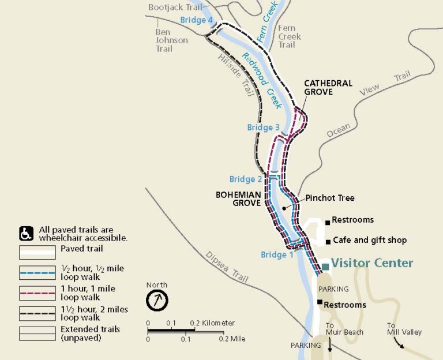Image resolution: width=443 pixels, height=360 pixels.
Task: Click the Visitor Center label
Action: pos(372,263)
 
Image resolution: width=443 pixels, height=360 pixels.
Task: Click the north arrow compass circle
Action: pos(157,301)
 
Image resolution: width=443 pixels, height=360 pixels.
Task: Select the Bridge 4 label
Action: pos(197,20)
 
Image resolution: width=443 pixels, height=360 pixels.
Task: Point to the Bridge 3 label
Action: pos(264,127)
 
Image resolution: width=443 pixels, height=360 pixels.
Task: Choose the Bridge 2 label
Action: pos(246,179)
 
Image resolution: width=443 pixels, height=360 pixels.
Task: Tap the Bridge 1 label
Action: pos(277,254)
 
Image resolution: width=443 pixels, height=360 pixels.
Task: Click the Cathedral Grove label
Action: pos(328,88)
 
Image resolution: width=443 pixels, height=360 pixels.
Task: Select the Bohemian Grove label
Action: pos(239,198)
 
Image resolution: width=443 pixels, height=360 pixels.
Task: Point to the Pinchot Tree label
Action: pos(330,198)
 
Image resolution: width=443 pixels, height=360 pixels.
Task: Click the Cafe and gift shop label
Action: pos(370,240)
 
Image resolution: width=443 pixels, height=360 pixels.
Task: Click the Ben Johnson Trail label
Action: pos(171,40)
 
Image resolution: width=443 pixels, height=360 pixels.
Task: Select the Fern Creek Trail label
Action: pos(289,36)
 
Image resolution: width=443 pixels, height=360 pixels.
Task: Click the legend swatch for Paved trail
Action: pos(37,252)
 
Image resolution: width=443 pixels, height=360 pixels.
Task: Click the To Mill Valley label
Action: pos(404,329)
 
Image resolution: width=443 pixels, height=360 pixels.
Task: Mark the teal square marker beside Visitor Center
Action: pos(326,266)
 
